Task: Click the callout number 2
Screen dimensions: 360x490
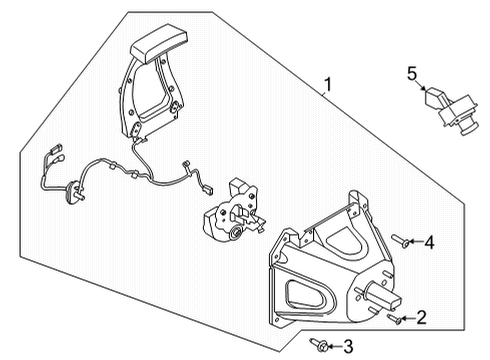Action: point(421,318)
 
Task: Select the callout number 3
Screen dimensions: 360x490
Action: point(348,347)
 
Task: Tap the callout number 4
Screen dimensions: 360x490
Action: point(428,241)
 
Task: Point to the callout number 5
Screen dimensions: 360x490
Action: point(410,72)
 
